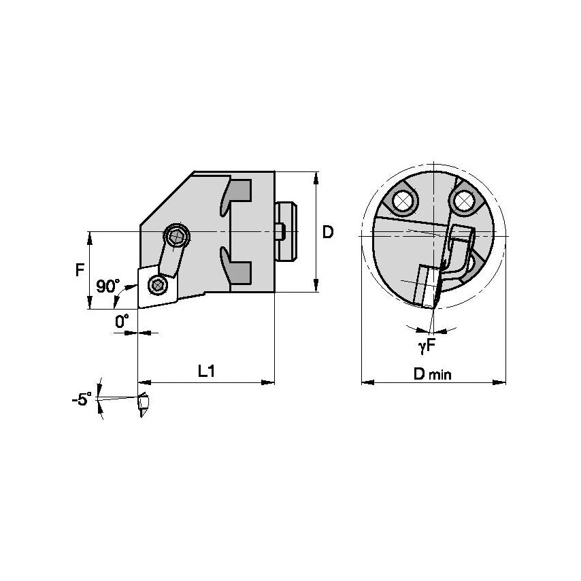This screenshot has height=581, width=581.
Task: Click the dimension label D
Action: [x=328, y=232]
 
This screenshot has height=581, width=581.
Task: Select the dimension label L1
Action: [x=207, y=371]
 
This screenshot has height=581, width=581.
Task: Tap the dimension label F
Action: [x=80, y=269]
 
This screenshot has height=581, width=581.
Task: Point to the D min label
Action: [x=432, y=373]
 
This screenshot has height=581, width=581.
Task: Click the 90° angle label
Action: [x=107, y=286]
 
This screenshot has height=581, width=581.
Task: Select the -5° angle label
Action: [x=81, y=399]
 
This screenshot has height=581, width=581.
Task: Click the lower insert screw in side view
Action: [x=158, y=285]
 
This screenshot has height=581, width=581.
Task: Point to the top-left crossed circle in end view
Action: [x=401, y=201]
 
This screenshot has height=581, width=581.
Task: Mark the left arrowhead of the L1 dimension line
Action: [x=142, y=383]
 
